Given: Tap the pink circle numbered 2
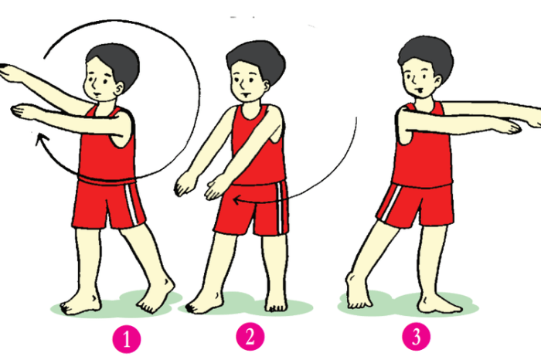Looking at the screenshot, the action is pos(250,337).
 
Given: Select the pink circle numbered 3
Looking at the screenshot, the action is pos(416,336).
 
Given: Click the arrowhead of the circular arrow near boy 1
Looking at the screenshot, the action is pos(42,140).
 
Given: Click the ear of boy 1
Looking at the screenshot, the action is pos(119,89).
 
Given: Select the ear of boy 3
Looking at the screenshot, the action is pos(437,81).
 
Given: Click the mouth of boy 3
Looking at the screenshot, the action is pos(420,90).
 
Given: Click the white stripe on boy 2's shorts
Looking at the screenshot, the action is pos(280,208).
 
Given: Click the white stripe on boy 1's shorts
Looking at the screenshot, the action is pos(132,204).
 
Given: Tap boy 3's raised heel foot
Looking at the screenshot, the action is pos(358,290).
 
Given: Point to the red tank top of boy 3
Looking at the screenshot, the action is pos(423,148).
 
